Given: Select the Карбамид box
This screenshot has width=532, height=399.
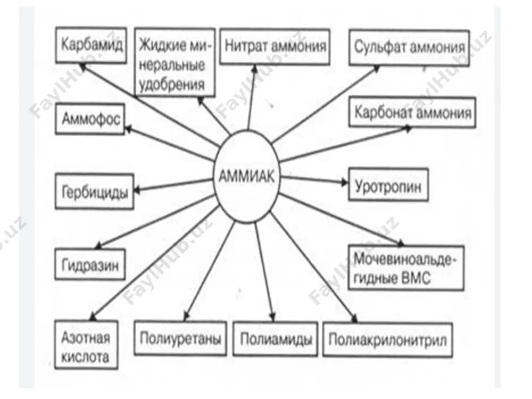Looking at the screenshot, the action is coord(91,45).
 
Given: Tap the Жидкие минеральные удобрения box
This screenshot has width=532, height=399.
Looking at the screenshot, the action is coord(174,62).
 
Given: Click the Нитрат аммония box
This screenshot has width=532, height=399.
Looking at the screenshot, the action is coord(275,47).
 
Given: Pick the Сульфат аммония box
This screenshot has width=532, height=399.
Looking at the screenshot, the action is coord(409,47).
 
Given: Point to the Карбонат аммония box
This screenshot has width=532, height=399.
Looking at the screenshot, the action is coord(412,113).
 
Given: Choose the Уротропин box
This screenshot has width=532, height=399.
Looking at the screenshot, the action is coord(388,185).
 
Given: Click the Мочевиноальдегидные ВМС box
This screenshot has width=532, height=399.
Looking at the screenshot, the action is coord(406,268).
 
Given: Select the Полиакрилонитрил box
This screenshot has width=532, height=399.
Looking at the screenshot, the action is coord(387,339).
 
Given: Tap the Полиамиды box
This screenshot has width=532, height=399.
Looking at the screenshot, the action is coord(276,338).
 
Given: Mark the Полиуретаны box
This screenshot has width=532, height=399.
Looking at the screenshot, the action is coord(180,338).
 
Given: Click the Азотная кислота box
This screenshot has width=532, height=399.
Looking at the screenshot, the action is coord(86,345).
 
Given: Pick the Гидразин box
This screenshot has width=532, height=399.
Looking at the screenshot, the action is coord(90,264).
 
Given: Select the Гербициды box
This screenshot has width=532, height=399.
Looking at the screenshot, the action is coord(94,192).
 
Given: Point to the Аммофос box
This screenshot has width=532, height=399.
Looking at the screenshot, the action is coord(90,119).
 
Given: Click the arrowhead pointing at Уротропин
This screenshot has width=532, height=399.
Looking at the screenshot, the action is coord(344,182).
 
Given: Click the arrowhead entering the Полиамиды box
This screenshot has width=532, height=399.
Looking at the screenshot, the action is coord(272,317).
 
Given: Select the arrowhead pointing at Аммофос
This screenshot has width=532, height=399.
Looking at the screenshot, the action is coord(129,129).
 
